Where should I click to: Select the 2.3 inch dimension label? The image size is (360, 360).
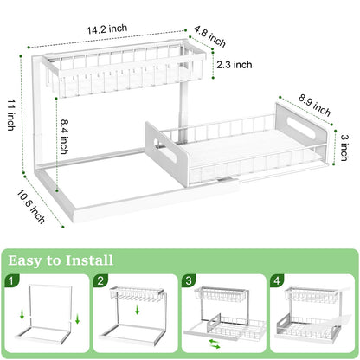234,64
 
